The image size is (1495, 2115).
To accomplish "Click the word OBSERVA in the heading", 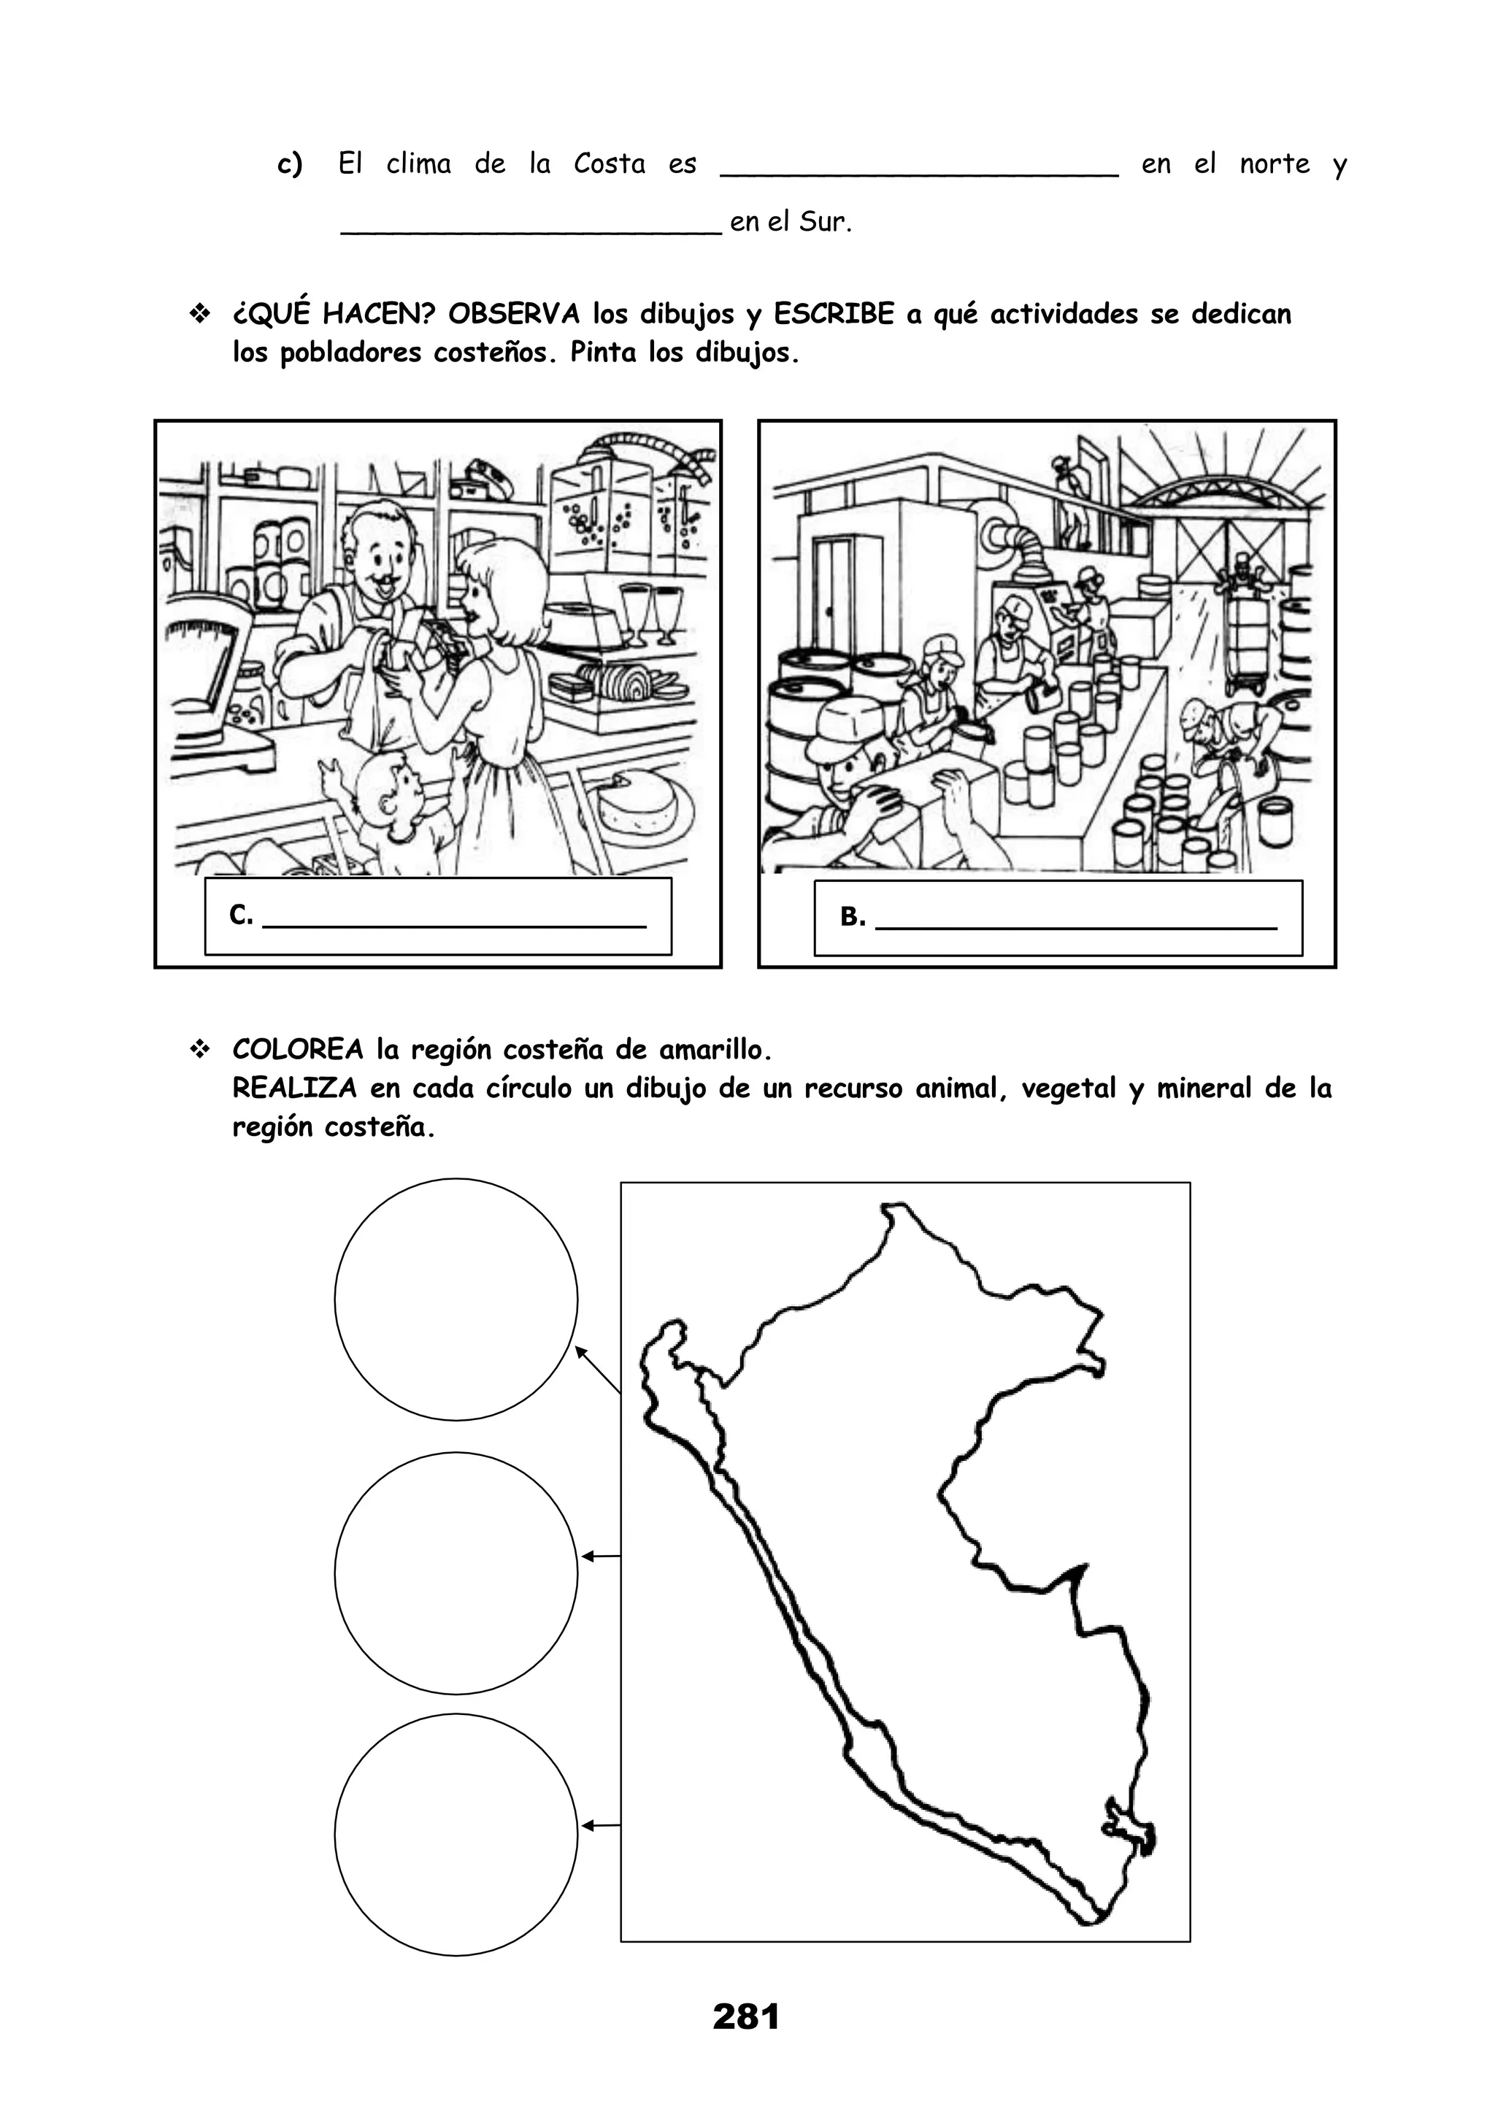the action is (x=514, y=314).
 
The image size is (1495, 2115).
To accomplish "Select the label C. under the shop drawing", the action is (x=240, y=915).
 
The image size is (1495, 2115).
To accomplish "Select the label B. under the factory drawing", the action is (x=852, y=916).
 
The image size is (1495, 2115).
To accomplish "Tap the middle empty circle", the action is (x=456, y=1573).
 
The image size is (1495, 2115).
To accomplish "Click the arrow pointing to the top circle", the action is (x=598, y=1370).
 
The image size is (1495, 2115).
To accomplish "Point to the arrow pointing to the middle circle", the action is (x=601, y=1556).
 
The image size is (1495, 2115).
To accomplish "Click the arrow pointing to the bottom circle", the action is (x=601, y=1825).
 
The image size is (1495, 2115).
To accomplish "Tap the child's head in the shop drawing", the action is (x=386, y=793).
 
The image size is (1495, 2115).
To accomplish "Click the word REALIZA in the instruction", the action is (x=294, y=1088).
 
